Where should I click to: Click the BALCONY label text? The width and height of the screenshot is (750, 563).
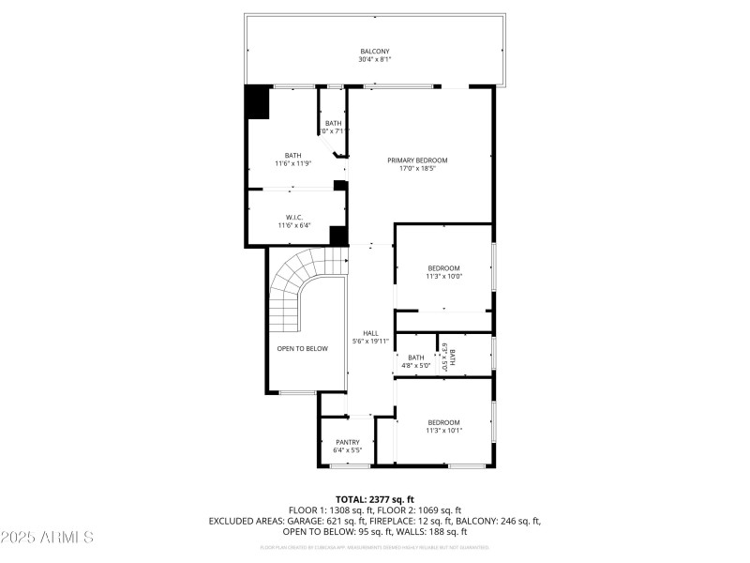374,51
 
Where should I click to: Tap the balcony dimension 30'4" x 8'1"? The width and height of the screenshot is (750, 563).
374,59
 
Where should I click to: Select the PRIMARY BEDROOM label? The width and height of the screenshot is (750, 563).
417,160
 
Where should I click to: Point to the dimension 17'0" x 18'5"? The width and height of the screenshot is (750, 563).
417,170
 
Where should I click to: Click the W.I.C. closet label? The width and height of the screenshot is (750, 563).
292,217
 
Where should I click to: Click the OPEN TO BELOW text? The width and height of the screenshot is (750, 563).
302,348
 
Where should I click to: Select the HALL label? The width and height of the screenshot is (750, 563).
370,332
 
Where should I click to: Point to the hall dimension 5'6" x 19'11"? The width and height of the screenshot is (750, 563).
370,341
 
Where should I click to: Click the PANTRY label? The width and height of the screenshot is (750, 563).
348,442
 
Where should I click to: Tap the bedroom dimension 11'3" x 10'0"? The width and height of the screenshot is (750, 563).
443,277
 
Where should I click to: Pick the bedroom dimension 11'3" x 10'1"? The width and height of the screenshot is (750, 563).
443,431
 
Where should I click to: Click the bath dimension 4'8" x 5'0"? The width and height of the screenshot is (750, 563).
415,366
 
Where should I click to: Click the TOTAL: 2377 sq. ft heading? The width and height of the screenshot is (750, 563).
374,498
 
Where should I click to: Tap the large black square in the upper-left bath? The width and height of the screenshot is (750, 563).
257,102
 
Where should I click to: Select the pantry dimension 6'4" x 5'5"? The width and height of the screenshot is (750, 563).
348,450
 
